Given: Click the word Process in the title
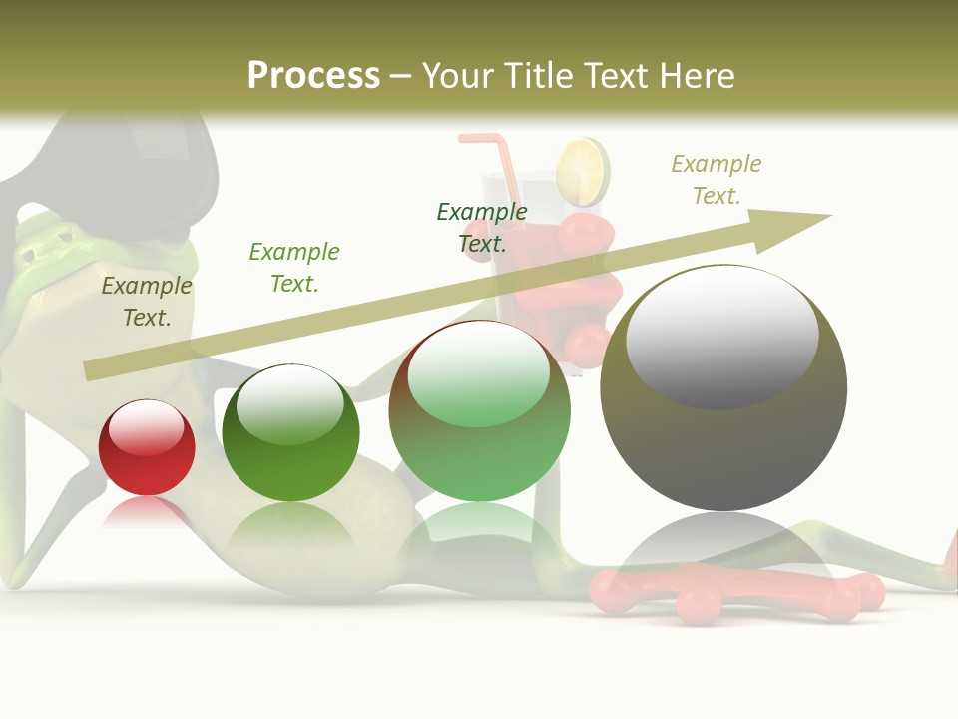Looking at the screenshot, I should coord(313,76).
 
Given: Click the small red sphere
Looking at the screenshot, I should coord(147,448).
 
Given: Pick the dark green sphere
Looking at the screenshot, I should coord(290,434).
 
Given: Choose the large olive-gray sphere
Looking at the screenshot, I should coord(723,389).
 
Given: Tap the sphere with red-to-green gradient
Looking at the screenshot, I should coord(480,411).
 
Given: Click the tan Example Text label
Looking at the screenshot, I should coord(716,179).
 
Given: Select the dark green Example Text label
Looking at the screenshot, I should coord(482,227).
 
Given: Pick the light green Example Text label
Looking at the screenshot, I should coord(294,267).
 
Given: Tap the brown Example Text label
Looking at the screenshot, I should coord(147,301).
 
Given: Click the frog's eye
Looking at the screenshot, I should coord(64,238).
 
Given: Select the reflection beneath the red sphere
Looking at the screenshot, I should coord(147,513).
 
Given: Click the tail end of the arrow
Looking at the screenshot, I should coord(90,370).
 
